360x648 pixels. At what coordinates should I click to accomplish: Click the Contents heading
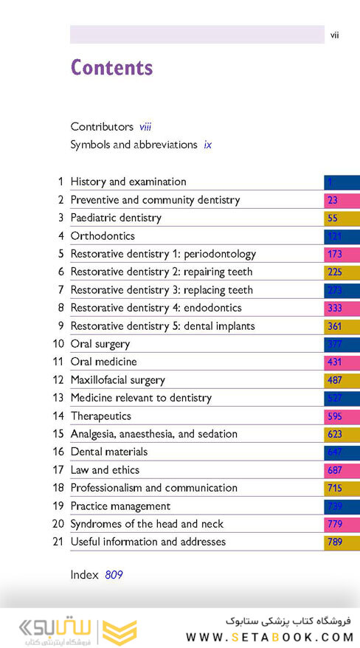[111, 68]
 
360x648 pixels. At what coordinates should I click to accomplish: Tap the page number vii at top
[334, 35]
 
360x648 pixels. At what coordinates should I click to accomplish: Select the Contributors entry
[102, 127]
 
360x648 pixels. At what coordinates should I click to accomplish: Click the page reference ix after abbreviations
[208, 145]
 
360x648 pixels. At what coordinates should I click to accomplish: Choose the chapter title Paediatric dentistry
[116, 218]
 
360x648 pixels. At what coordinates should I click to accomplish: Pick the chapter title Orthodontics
[103, 236]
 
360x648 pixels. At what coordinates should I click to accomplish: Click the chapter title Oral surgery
[100, 344]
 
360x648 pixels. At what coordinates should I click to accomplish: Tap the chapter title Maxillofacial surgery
[117, 380]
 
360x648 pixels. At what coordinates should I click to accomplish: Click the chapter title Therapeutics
[100, 416]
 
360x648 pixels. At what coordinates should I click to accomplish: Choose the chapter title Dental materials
[108, 452]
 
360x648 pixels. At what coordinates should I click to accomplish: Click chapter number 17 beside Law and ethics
[58, 470]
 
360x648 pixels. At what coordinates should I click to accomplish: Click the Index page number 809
[114, 574]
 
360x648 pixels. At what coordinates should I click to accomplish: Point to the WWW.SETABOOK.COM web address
[269, 636]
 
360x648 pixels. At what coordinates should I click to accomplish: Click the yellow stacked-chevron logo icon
[120, 628]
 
